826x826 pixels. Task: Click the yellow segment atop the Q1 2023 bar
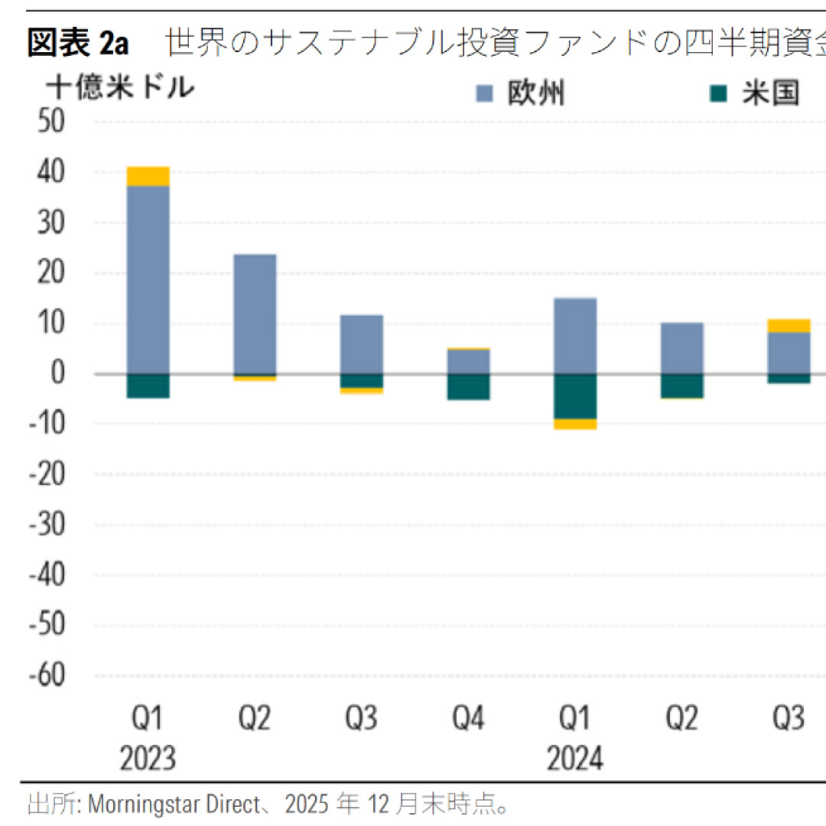click(148, 176)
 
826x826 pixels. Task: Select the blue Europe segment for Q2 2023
click(255, 314)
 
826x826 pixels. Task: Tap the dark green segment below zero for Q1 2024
click(575, 396)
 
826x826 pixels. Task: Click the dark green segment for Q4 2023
click(468, 387)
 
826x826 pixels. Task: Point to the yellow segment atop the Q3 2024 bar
click(789, 326)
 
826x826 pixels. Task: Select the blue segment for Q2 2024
click(681, 348)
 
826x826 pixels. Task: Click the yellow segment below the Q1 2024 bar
click(575, 424)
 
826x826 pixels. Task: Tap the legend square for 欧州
click(484, 94)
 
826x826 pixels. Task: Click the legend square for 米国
click(717, 94)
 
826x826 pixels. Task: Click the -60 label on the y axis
click(47, 675)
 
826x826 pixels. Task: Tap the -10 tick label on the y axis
click(47, 424)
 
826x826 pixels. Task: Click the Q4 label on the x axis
click(468, 719)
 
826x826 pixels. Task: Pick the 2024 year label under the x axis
click(575, 759)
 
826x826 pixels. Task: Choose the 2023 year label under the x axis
click(148, 759)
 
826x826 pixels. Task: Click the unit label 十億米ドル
click(120, 88)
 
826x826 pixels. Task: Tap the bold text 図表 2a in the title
click(77, 44)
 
